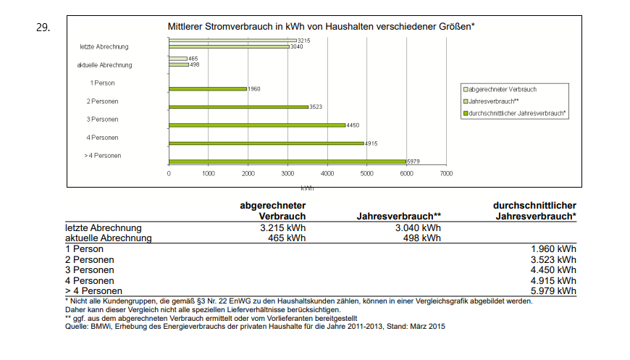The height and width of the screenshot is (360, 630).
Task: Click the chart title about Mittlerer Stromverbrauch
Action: point(321,27)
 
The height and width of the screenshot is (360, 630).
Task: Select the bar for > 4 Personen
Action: point(287,161)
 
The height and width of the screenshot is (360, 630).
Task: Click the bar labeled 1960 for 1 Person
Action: point(207,89)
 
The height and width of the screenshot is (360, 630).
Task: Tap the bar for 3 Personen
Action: point(256,125)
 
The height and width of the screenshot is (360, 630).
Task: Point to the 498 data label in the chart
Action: point(194,64)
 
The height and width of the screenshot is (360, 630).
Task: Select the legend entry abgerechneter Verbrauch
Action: point(503,89)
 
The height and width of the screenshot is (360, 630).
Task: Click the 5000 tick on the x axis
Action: point(366,174)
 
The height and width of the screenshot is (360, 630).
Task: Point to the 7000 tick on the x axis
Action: point(446,174)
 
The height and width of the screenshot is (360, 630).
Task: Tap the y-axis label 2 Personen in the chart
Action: point(102,101)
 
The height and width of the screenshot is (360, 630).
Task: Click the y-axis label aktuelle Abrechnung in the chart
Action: point(104,65)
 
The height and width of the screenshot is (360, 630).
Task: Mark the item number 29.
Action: point(43,28)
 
